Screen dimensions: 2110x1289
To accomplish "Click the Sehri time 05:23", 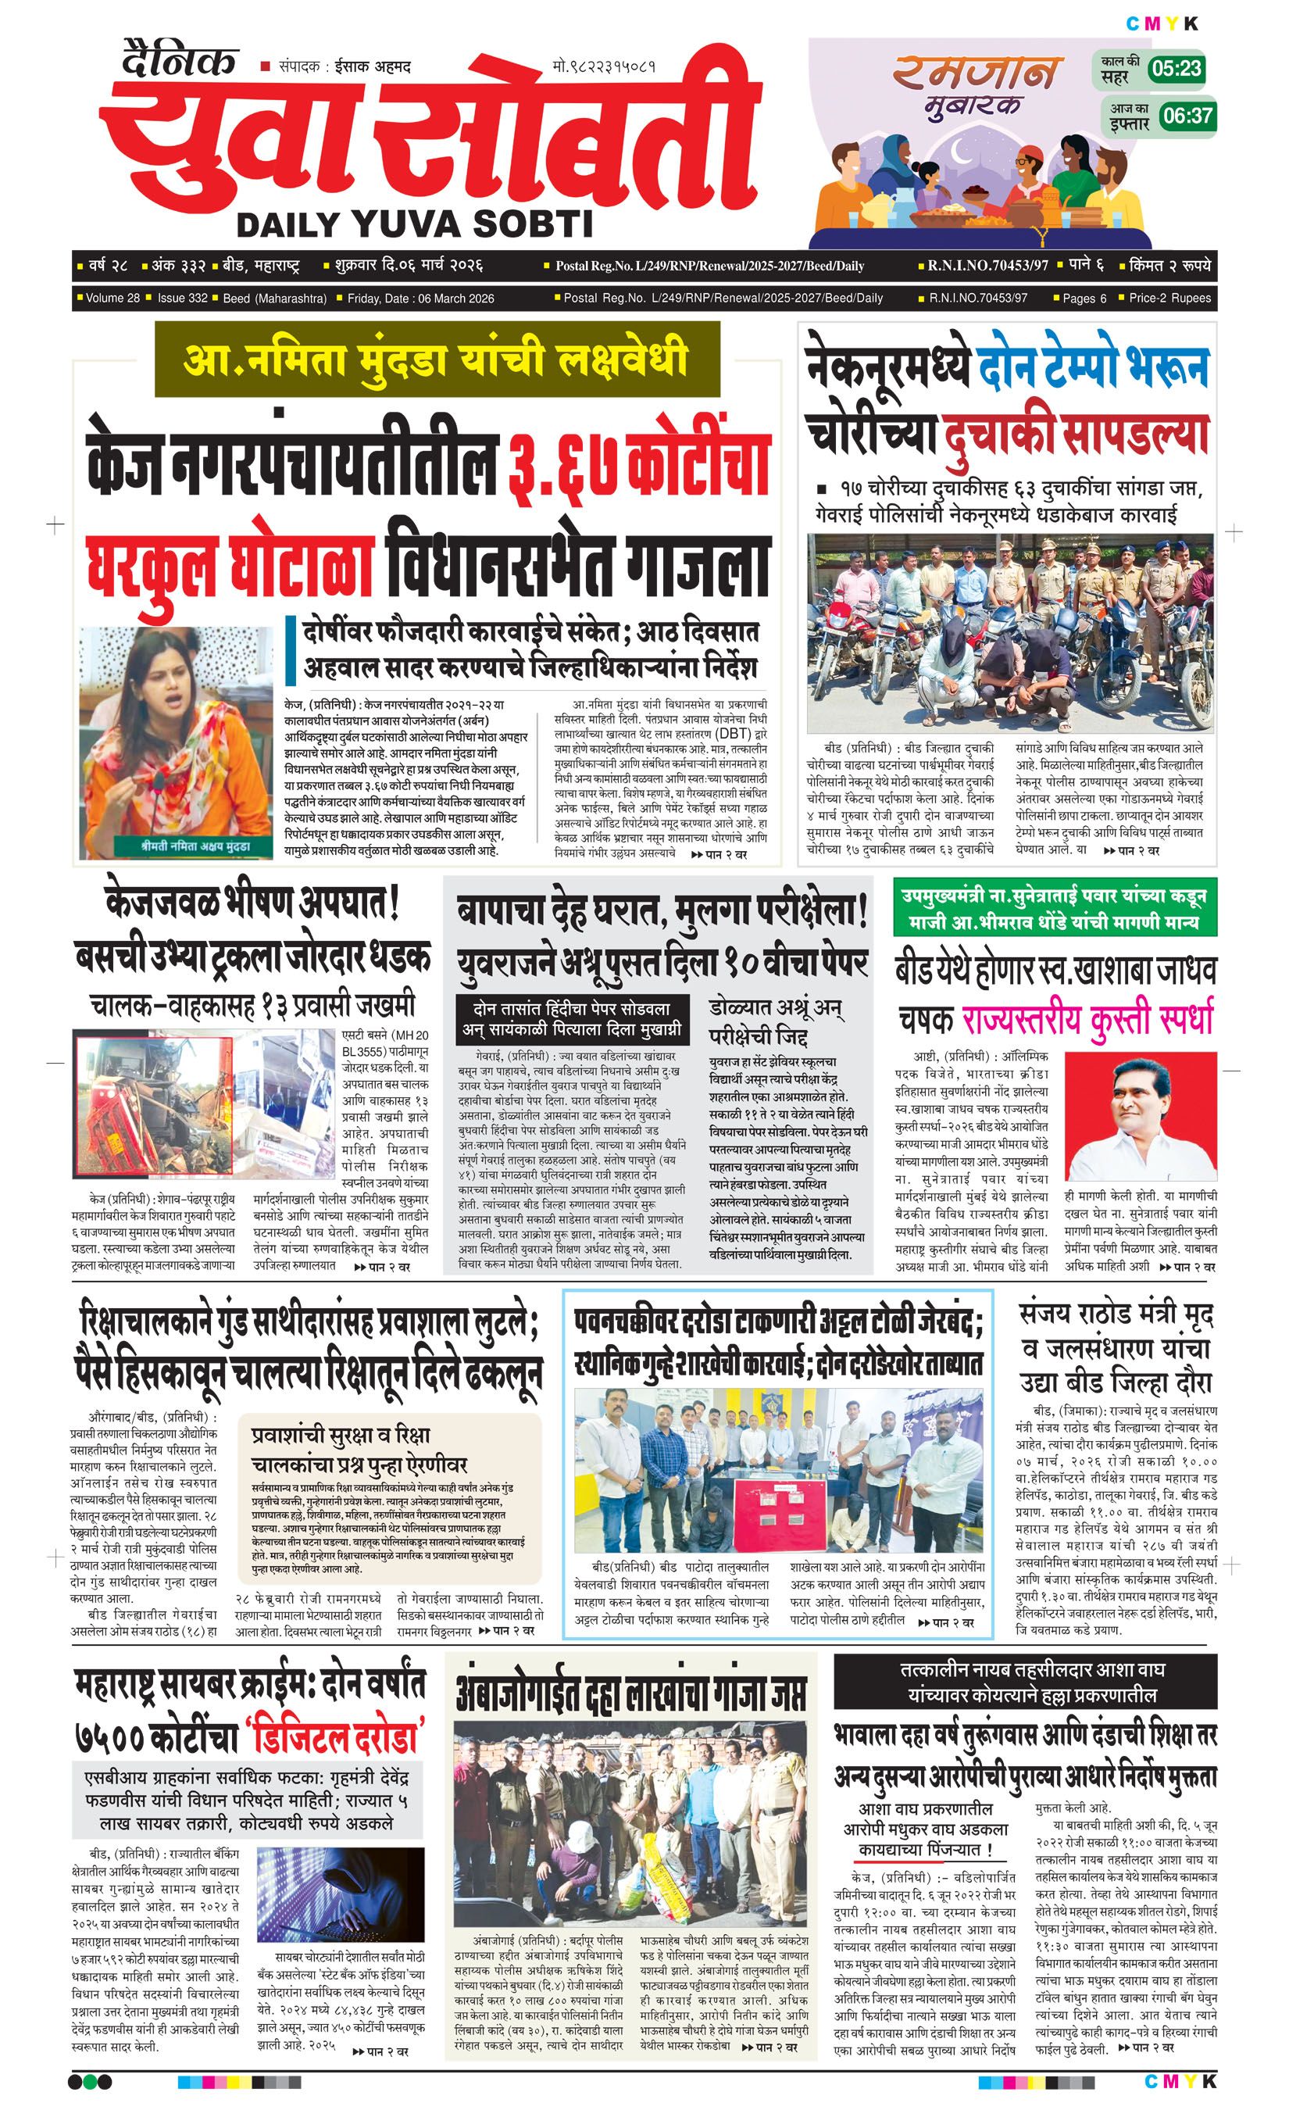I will (x=1176, y=69).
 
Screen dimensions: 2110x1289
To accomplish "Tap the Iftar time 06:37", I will (x=1187, y=115).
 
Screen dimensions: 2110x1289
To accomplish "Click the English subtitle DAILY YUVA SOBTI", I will (x=414, y=224).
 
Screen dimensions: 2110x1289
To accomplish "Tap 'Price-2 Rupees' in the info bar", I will (x=1169, y=298).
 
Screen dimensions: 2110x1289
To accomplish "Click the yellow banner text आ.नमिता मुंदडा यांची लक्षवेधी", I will (x=436, y=359).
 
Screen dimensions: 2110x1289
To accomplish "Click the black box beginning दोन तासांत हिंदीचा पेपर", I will (x=571, y=1018).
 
